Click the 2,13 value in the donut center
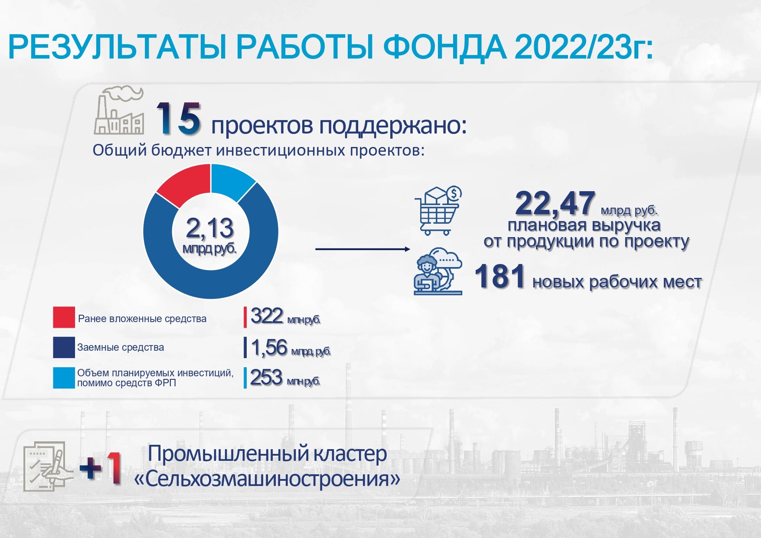tap(210, 228)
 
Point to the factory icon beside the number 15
tap(119, 110)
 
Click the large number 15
tap(178, 118)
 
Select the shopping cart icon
tap(438, 211)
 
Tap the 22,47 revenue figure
tap(555, 203)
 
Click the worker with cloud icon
tap(438, 271)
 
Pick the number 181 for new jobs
tap(500, 276)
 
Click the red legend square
tap(64, 317)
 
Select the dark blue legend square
tap(64, 347)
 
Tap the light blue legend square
tap(64, 378)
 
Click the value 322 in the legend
tap(267, 316)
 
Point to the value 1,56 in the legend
tap(269, 348)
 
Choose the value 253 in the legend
tap(266, 377)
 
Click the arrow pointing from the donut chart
tap(363, 249)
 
